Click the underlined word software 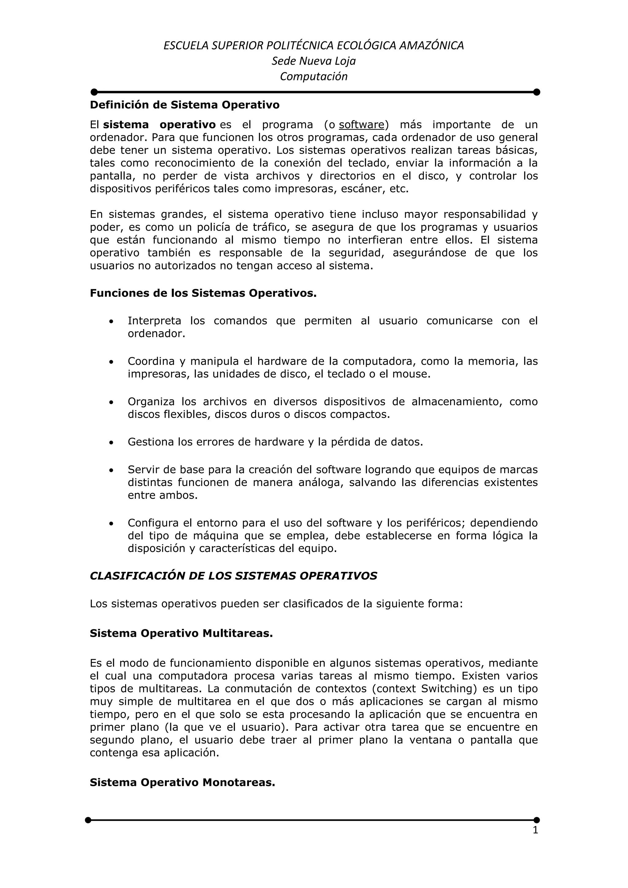point(362,125)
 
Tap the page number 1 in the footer point(535,830)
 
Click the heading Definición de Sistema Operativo point(185,105)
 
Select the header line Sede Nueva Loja point(314,61)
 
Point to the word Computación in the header point(314,76)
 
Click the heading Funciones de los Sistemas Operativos point(203,293)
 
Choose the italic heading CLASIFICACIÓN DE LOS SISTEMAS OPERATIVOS point(233,576)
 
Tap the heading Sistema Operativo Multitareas point(181,633)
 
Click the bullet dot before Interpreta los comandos point(111,321)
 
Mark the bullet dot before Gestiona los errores point(111,442)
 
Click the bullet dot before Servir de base point(111,470)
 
